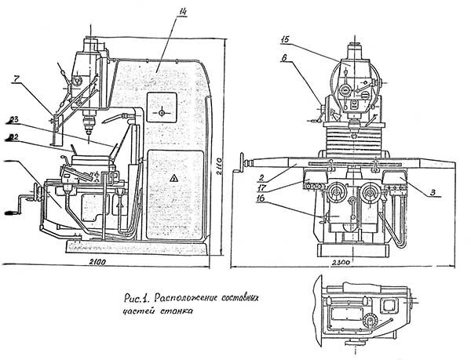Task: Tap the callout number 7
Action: click(16, 78)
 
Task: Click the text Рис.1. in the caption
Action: click(136, 298)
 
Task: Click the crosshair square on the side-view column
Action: click(162, 112)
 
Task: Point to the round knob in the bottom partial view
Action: click(371, 322)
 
